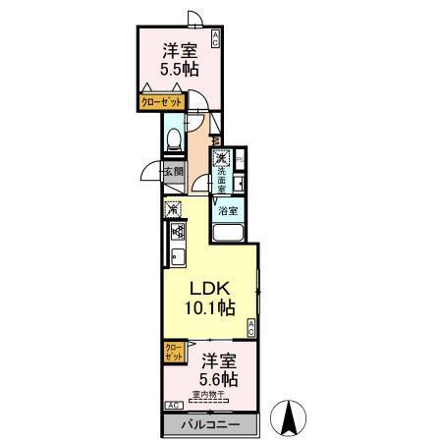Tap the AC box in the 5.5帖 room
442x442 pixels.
[215, 40]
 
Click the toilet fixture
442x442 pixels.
[173, 140]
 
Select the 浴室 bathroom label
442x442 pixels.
[228, 211]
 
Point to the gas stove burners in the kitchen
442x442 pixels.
[179, 233]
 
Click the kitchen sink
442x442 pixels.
[179, 259]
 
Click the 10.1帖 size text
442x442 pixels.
[210, 308]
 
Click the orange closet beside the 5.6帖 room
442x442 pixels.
[172, 353]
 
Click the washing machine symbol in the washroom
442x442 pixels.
[222, 158]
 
